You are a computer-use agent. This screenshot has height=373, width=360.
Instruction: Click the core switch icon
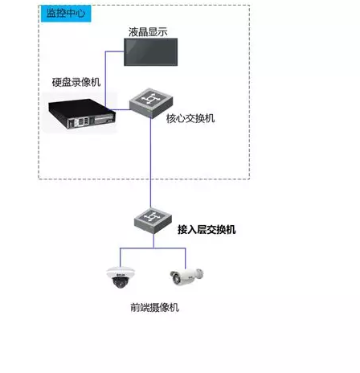pyautogui.click(x=149, y=99)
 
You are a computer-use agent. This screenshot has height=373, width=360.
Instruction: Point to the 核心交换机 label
pyautogui.click(x=190, y=118)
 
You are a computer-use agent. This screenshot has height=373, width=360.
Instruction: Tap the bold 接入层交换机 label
pyautogui.click(x=207, y=229)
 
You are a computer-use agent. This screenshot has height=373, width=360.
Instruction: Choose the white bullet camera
pyautogui.click(x=186, y=276)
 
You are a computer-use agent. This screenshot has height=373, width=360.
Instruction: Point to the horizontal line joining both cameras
pyautogui.click(x=151, y=247)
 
